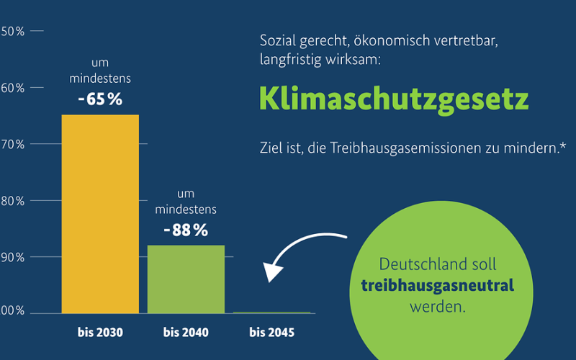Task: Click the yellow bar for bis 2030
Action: point(100,214)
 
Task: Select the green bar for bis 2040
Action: point(186,279)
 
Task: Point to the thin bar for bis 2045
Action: point(271,312)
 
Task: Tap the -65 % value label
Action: point(100,99)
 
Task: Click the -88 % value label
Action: point(186,230)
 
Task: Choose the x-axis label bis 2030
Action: point(100,333)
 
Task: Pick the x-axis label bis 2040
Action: point(186,333)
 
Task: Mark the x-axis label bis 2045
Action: point(271,333)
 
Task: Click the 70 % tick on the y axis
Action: point(13,144)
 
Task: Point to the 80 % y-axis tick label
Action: point(13,201)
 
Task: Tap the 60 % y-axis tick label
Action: point(13,88)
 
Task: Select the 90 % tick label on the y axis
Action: point(13,257)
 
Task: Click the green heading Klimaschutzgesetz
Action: point(394,99)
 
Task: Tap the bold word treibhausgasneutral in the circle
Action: point(437,285)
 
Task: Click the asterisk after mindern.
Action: point(562,146)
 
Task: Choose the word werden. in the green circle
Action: point(438,306)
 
